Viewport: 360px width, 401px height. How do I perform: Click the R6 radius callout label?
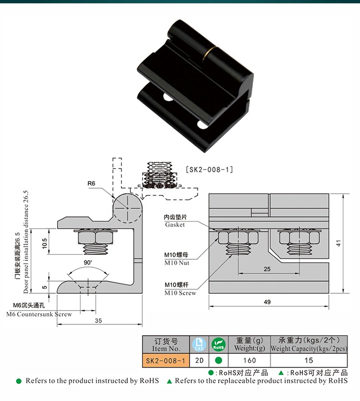(92, 183)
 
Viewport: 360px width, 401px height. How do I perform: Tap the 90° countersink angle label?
(87, 263)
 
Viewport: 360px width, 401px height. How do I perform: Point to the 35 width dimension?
(98, 320)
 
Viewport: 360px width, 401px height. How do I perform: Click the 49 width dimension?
(267, 302)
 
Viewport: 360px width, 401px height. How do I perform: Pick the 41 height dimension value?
(338, 243)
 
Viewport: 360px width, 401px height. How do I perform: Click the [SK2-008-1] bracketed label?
(209, 169)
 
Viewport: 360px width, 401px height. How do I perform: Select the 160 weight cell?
(250, 360)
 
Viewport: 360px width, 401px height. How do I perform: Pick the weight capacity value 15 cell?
(309, 360)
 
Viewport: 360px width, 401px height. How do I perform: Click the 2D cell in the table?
(198, 360)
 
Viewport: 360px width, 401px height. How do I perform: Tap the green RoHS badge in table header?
(218, 344)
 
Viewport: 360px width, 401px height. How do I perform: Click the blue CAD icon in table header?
(198, 344)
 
